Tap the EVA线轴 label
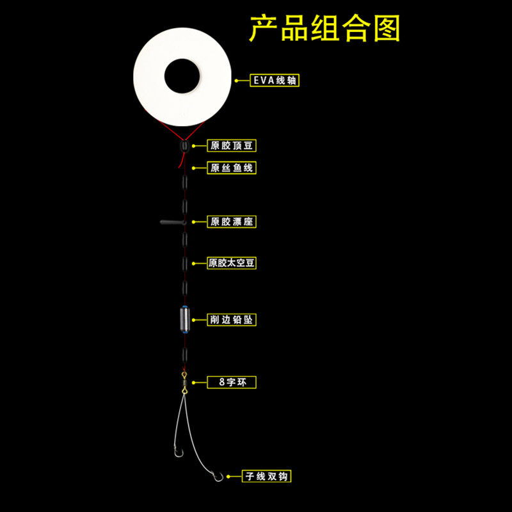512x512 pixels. pos(276,81)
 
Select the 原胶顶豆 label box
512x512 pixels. pos(232,146)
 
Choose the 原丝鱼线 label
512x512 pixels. pos(232,168)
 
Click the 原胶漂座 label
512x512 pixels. pos(232,221)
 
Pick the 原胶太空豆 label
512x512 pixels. pos(232,263)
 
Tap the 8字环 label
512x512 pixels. pos(232,382)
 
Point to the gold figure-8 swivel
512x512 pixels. pos(184,382)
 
